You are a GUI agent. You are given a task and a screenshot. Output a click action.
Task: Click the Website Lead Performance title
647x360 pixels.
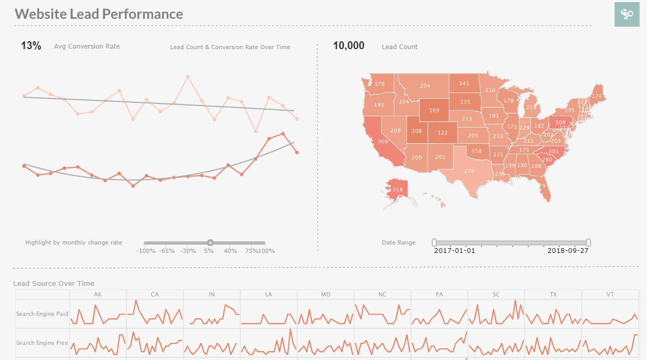point(99,14)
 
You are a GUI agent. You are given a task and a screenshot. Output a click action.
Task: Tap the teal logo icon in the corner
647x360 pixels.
point(627,14)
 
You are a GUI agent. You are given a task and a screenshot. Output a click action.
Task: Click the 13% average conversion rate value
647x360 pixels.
point(31,46)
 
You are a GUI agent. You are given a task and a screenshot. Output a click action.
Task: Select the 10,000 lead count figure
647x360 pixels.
point(349,46)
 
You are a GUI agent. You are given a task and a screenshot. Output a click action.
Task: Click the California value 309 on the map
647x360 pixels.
point(383,142)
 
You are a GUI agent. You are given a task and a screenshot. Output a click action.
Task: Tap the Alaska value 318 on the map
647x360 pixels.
point(398,190)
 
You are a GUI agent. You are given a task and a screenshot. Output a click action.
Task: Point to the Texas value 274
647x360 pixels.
point(469,171)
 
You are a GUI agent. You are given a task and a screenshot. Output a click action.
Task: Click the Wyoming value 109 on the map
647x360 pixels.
point(434,110)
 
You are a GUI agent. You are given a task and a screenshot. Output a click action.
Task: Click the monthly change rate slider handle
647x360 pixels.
point(210,242)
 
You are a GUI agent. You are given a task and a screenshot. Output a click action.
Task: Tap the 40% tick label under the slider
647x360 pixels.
point(230,251)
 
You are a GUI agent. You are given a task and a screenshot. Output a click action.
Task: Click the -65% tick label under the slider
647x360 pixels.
point(167,251)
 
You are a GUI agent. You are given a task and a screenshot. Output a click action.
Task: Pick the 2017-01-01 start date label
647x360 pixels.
point(455,251)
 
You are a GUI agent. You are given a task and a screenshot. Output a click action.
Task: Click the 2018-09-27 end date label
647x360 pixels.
point(568,251)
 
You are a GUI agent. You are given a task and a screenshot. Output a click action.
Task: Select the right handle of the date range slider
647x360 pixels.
point(588,242)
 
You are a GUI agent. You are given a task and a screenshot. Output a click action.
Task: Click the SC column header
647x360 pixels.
point(496,295)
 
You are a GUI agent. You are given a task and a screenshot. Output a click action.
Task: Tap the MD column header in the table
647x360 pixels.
point(326,295)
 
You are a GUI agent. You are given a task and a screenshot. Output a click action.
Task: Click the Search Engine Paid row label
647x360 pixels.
point(42,314)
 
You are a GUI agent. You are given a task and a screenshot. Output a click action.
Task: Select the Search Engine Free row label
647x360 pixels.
point(42,343)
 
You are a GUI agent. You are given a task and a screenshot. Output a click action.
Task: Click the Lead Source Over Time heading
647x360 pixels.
point(54,284)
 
